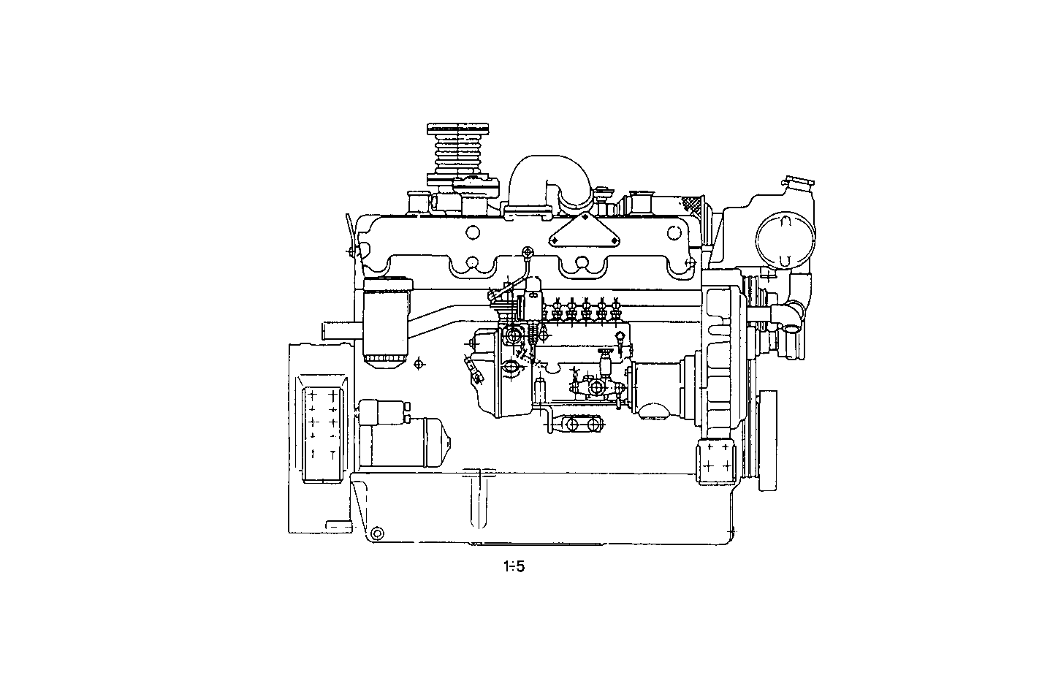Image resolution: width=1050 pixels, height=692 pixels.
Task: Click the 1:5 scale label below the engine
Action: click(514, 566)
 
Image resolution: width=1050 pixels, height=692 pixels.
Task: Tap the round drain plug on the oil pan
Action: click(377, 533)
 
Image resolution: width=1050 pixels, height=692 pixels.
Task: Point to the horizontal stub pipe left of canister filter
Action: click(341, 331)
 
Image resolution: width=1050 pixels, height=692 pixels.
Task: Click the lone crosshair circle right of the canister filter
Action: click(419, 363)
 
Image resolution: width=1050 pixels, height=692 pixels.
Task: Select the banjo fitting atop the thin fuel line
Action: click(526, 253)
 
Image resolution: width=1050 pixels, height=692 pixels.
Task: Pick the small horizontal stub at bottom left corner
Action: click(338, 525)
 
